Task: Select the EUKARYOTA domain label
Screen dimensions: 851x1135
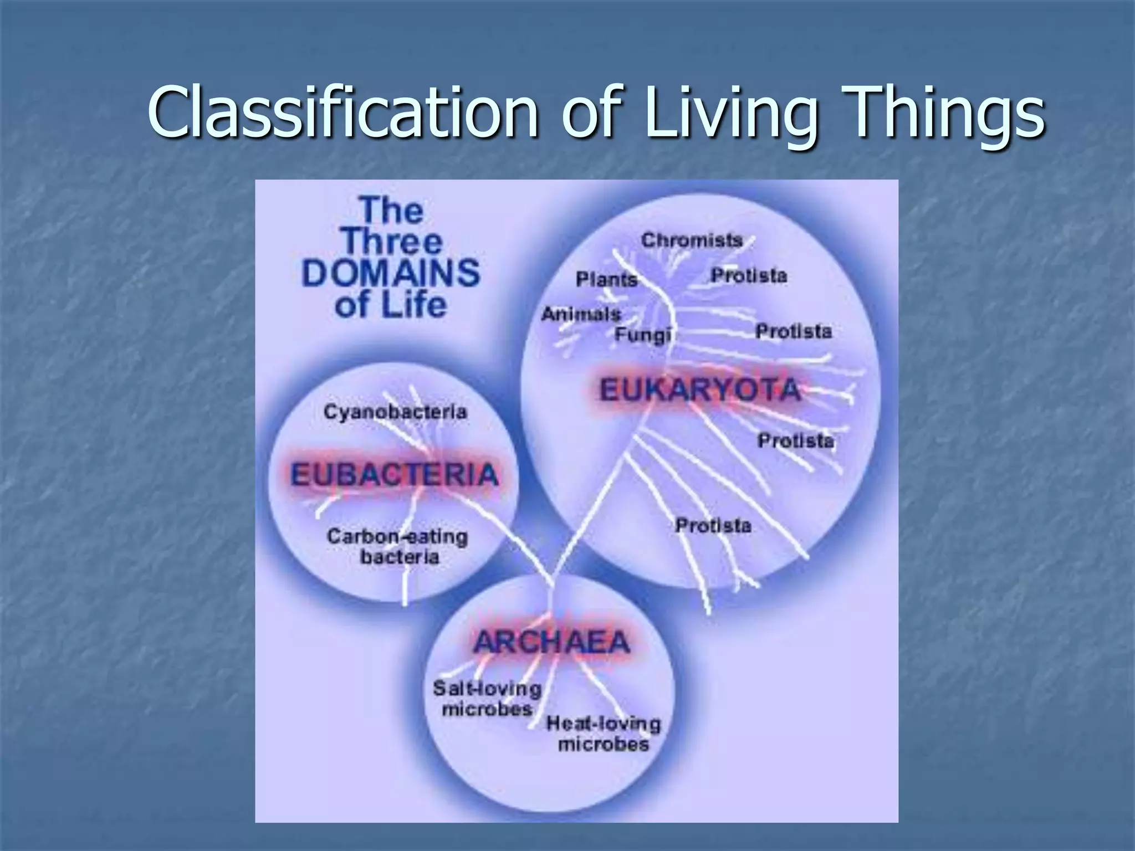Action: tap(700, 389)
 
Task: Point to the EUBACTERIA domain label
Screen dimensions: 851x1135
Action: tap(395, 475)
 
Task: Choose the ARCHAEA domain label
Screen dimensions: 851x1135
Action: tap(551, 643)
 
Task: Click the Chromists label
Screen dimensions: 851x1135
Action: tap(692, 240)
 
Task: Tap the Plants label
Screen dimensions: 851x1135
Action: tap(607, 279)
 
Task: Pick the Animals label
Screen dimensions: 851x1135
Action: tap(581, 314)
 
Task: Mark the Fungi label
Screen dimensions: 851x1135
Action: tap(643, 335)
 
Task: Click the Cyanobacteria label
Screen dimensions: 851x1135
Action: tap(395, 412)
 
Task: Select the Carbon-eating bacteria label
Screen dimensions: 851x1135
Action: tap(398, 547)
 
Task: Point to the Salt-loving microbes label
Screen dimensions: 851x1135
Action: tap(487, 699)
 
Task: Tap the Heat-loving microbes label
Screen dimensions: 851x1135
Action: tap(604, 734)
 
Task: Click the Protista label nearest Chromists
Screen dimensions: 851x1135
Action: tap(749, 275)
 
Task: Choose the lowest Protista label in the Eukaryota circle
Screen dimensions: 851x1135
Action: tap(713, 525)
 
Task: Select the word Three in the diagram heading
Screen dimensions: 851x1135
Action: tap(392, 242)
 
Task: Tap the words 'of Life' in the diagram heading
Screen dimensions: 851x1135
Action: tap(390, 305)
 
